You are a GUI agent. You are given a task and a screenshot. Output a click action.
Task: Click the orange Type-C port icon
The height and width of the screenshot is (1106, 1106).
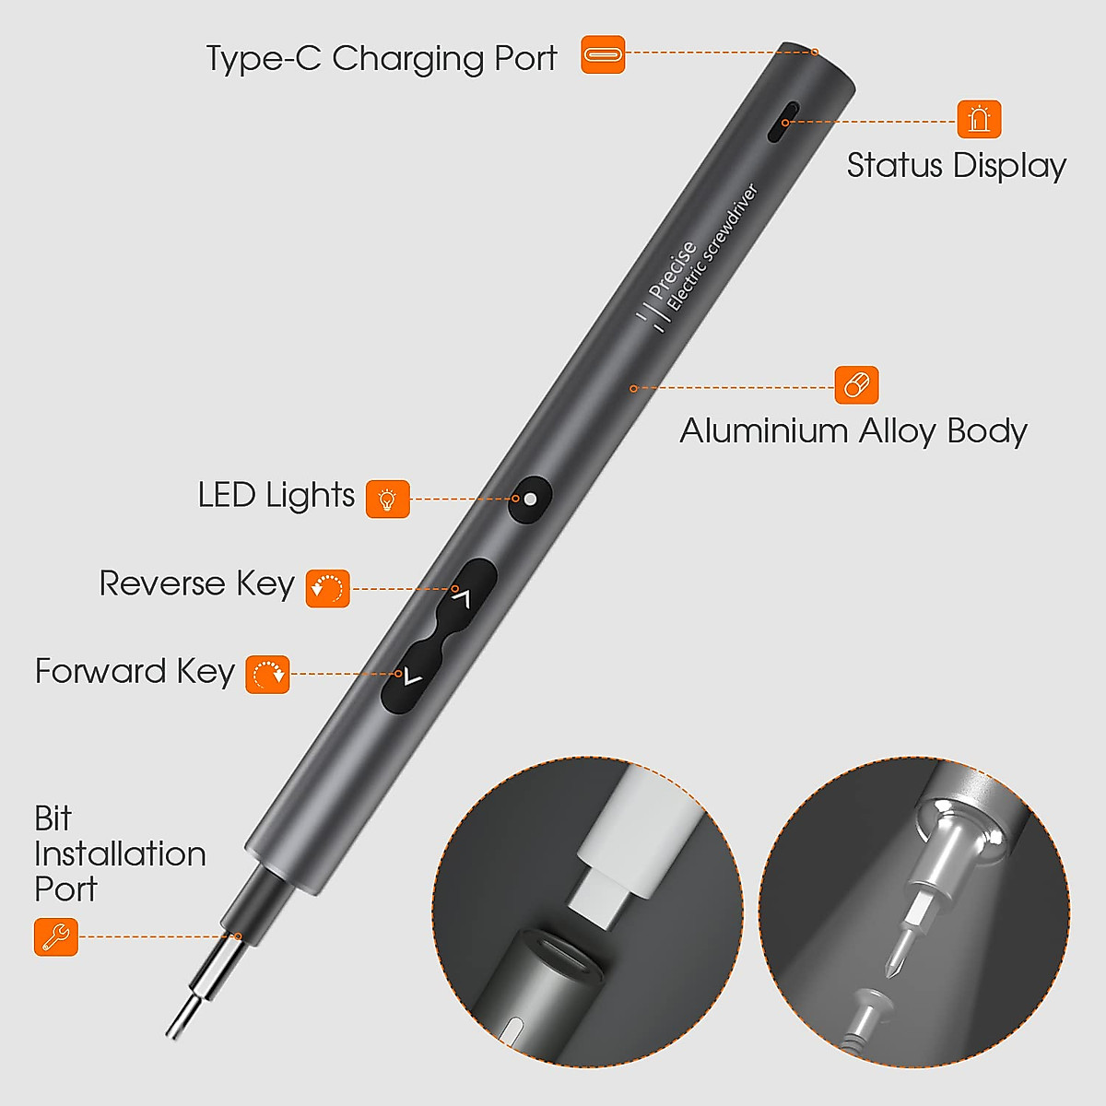pyautogui.click(x=603, y=54)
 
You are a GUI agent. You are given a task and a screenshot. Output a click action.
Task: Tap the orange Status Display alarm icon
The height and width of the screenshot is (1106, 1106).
pyautogui.click(x=979, y=119)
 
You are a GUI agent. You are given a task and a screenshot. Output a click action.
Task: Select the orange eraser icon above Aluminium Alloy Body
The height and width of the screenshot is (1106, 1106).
pyautogui.click(x=856, y=384)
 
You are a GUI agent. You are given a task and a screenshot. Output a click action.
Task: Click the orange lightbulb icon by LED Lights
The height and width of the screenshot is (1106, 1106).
pyautogui.click(x=388, y=499)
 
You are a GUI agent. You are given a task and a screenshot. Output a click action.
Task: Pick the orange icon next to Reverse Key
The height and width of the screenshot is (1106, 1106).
pyautogui.click(x=328, y=588)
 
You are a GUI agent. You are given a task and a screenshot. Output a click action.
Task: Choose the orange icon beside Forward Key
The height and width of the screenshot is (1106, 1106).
pyautogui.click(x=268, y=675)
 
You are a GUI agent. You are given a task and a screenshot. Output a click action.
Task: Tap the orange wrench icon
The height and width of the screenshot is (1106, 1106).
pyautogui.click(x=56, y=936)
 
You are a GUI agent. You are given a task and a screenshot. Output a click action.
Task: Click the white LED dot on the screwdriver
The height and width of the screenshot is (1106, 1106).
pyautogui.click(x=531, y=500)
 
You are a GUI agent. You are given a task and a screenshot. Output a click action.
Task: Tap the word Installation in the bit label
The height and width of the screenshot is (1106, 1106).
pyautogui.click(x=120, y=853)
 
